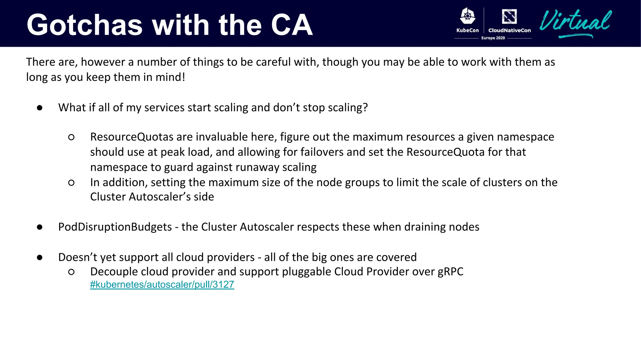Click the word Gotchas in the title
[x=85, y=25]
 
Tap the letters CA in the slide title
[x=292, y=25]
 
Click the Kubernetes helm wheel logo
[x=468, y=16]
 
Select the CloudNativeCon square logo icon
[x=509, y=16]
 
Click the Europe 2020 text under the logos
[x=493, y=38]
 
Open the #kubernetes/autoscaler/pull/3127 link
[x=162, y=285]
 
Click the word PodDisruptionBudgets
[x=115, y=227]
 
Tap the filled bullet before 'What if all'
[x=39, y=108]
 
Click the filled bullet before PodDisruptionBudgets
[x=39, y=227]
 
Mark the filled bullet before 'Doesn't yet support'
[x=39, y=258]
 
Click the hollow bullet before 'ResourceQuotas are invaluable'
[x=71, y=137]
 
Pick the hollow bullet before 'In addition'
[x=71, y=183]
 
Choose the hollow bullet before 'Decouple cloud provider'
[x=71, y=272]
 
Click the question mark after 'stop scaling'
[x=365, y=107]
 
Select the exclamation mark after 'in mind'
[x=183, y=77]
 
